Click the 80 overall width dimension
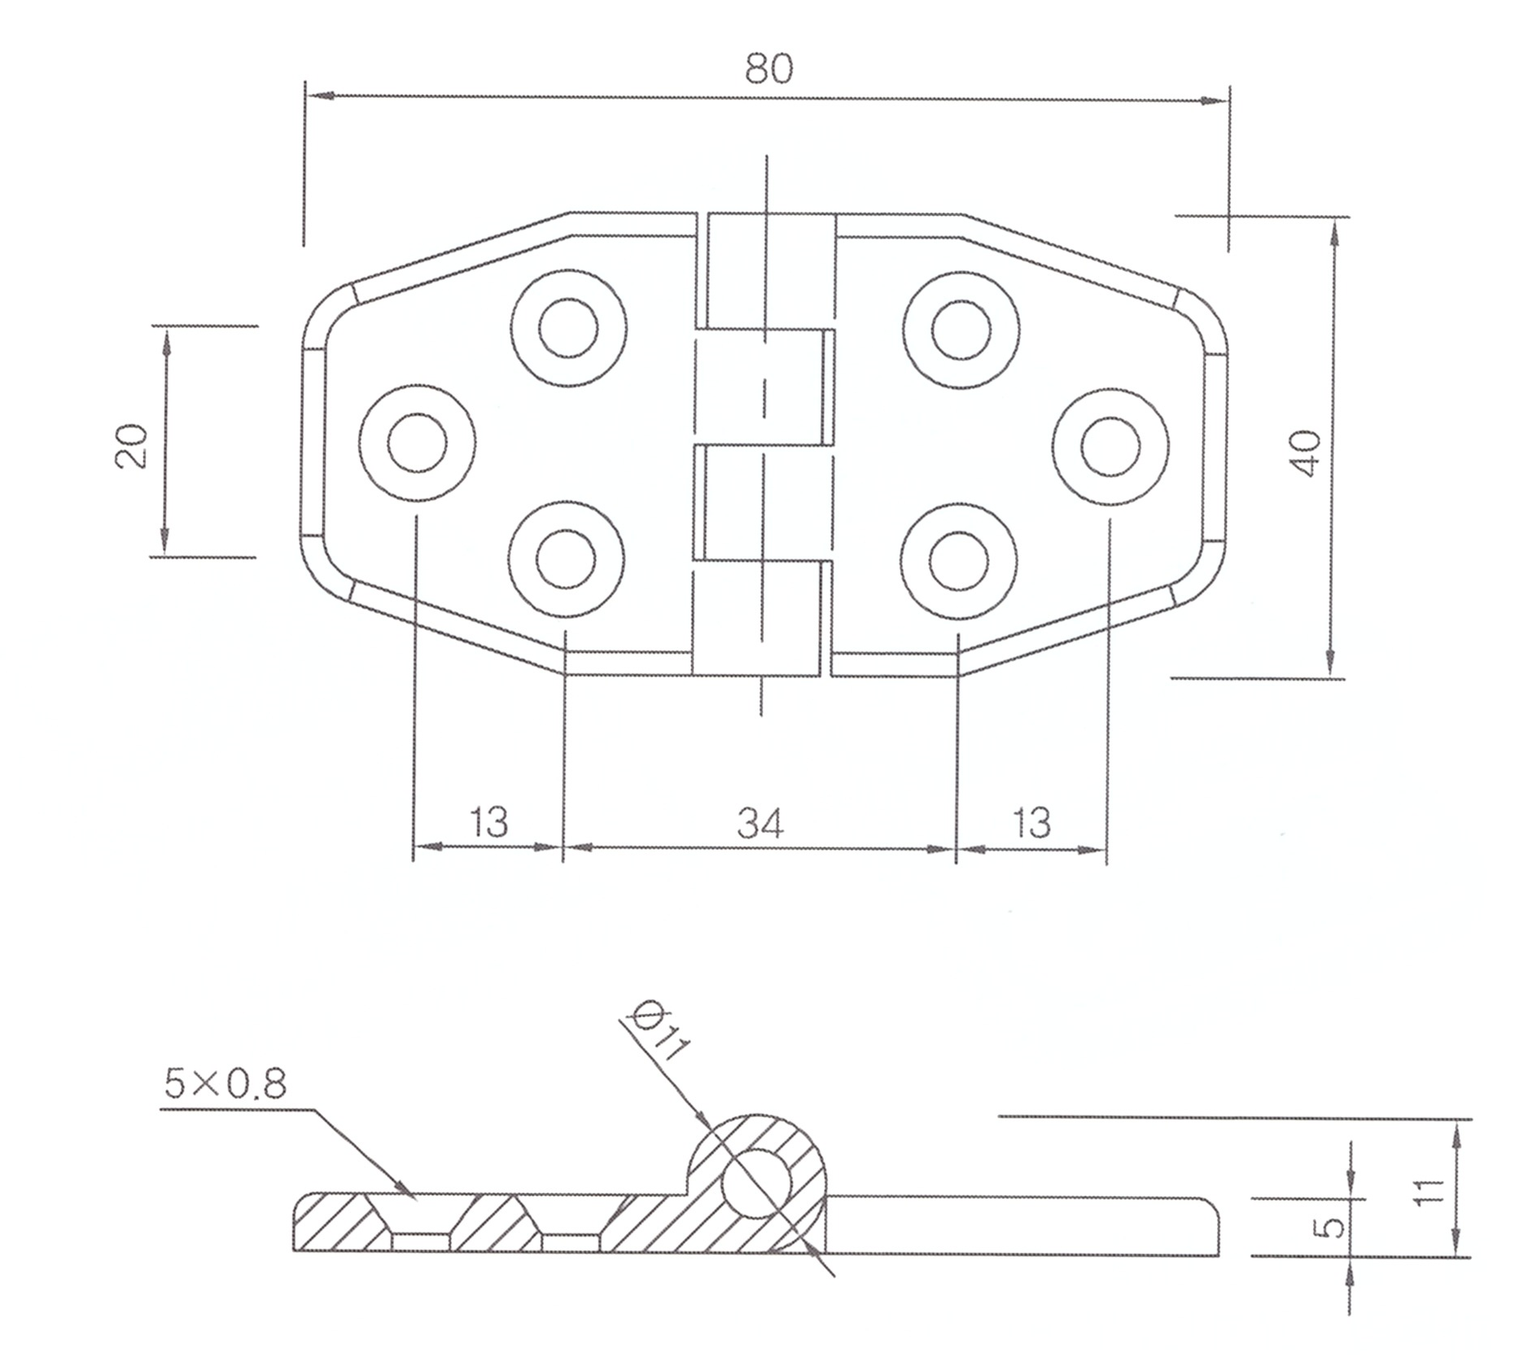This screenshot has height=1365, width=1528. click(x=768, y=68)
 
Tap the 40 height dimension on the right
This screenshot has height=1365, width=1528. click(x=1304, y=453)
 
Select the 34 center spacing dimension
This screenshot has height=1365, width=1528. click(x=760, y=823)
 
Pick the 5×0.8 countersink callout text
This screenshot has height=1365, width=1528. click(x=225, y=1084)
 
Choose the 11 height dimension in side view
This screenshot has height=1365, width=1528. click(x=1429, y=1191)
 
